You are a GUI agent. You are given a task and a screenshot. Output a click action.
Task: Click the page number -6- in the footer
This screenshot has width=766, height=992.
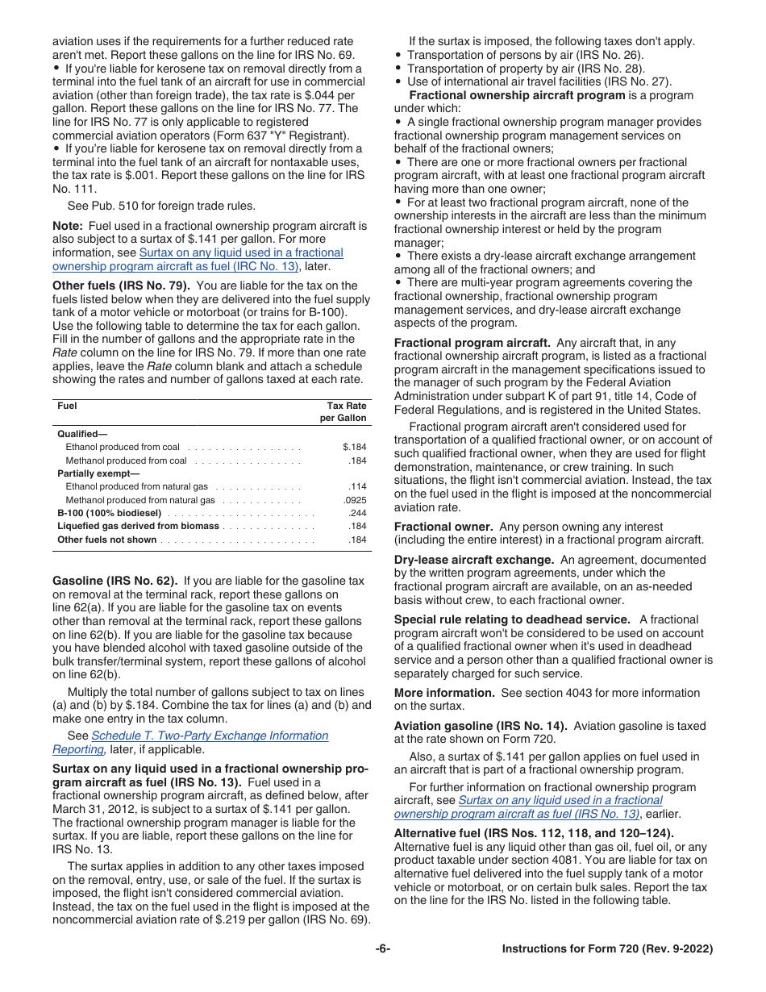[382, 949]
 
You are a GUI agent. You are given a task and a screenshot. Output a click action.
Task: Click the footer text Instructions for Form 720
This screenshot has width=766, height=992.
[606, 949]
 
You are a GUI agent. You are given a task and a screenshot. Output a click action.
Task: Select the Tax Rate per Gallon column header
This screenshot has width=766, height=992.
[346, 412]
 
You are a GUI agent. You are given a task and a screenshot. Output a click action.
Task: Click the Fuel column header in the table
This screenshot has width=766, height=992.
[67, 406]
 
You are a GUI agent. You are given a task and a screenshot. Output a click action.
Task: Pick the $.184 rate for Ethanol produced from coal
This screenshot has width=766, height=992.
[354, 447]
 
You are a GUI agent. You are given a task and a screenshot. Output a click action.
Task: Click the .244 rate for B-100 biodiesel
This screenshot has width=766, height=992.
[356, 513]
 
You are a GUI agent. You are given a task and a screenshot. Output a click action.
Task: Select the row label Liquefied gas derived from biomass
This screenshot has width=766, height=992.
[138, 526]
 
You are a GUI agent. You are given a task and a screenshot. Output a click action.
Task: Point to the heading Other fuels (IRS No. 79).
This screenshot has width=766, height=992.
[121, 286]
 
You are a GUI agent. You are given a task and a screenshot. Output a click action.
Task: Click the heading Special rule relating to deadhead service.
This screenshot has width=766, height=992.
[512, 619]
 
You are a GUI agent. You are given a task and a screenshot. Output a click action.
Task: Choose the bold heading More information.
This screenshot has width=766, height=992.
[444, 693]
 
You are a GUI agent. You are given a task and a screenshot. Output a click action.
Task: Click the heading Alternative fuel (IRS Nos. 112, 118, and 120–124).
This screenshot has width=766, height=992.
[534, 833]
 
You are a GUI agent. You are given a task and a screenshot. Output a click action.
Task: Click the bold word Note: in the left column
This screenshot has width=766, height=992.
[68, 226]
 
